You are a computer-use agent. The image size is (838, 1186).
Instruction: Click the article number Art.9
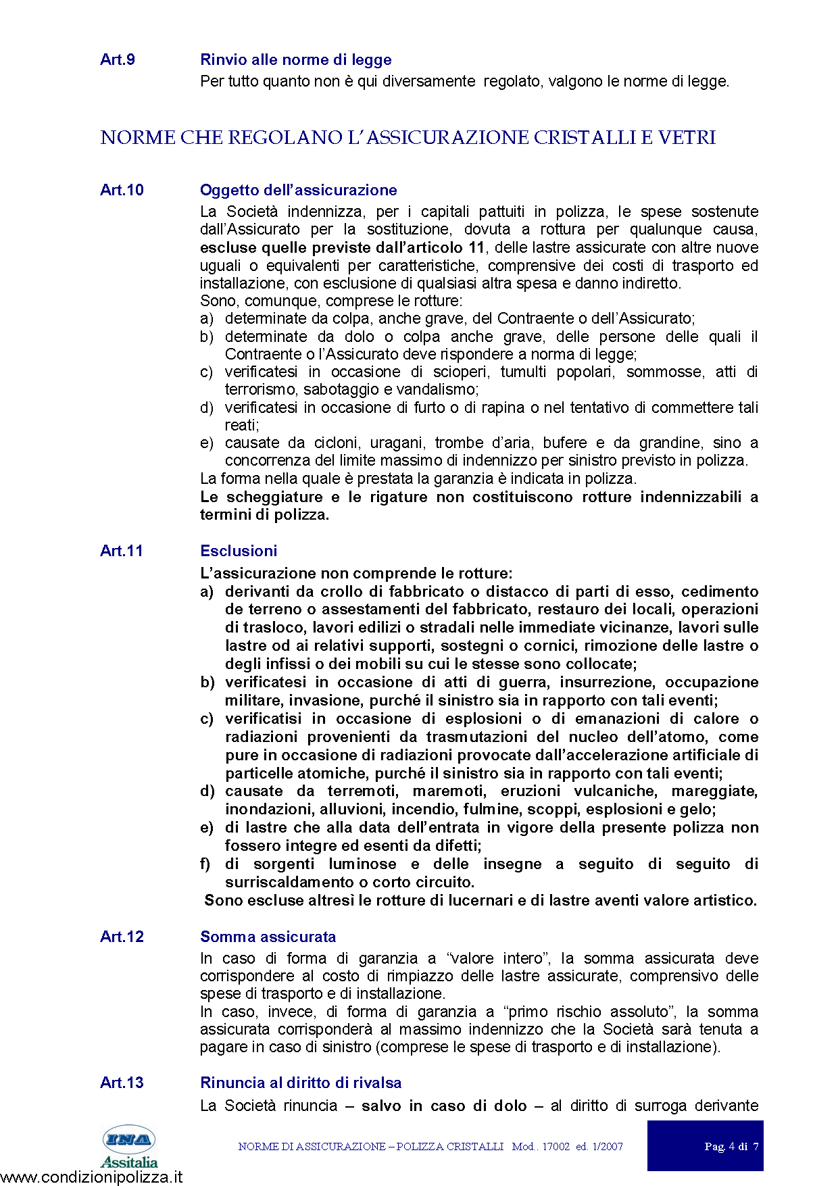click(x=118, y=59)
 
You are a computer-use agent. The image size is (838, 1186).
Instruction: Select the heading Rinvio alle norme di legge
click(x=295, y=59)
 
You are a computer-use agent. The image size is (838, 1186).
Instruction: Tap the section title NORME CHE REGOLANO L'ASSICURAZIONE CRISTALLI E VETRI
click(x=408, y=137)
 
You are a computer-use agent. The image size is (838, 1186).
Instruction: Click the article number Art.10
click(x=122, y=190)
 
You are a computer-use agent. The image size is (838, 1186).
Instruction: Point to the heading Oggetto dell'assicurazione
click(x=298, y=190)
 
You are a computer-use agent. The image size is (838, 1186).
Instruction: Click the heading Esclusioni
click(x=239, y=551)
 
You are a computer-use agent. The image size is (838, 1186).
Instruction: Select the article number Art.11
click(x=122, y=551)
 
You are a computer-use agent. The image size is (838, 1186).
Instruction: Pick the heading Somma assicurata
click(x=268, y=937)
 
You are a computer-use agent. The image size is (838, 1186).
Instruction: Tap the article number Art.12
click(x=122, y=937)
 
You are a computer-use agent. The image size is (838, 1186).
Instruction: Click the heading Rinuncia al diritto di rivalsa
click(x=301, y=1083)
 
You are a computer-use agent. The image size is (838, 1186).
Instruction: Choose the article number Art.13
click(x=122, y=1083)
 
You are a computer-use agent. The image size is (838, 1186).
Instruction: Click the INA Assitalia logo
click(x=128, y=1146)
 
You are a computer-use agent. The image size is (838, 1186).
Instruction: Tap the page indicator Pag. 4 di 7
click(x=731, y=1146)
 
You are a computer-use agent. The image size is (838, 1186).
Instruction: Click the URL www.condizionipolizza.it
click(x=91, y=1177)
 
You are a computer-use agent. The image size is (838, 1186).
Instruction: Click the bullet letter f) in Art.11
click(x=205, y=864)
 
